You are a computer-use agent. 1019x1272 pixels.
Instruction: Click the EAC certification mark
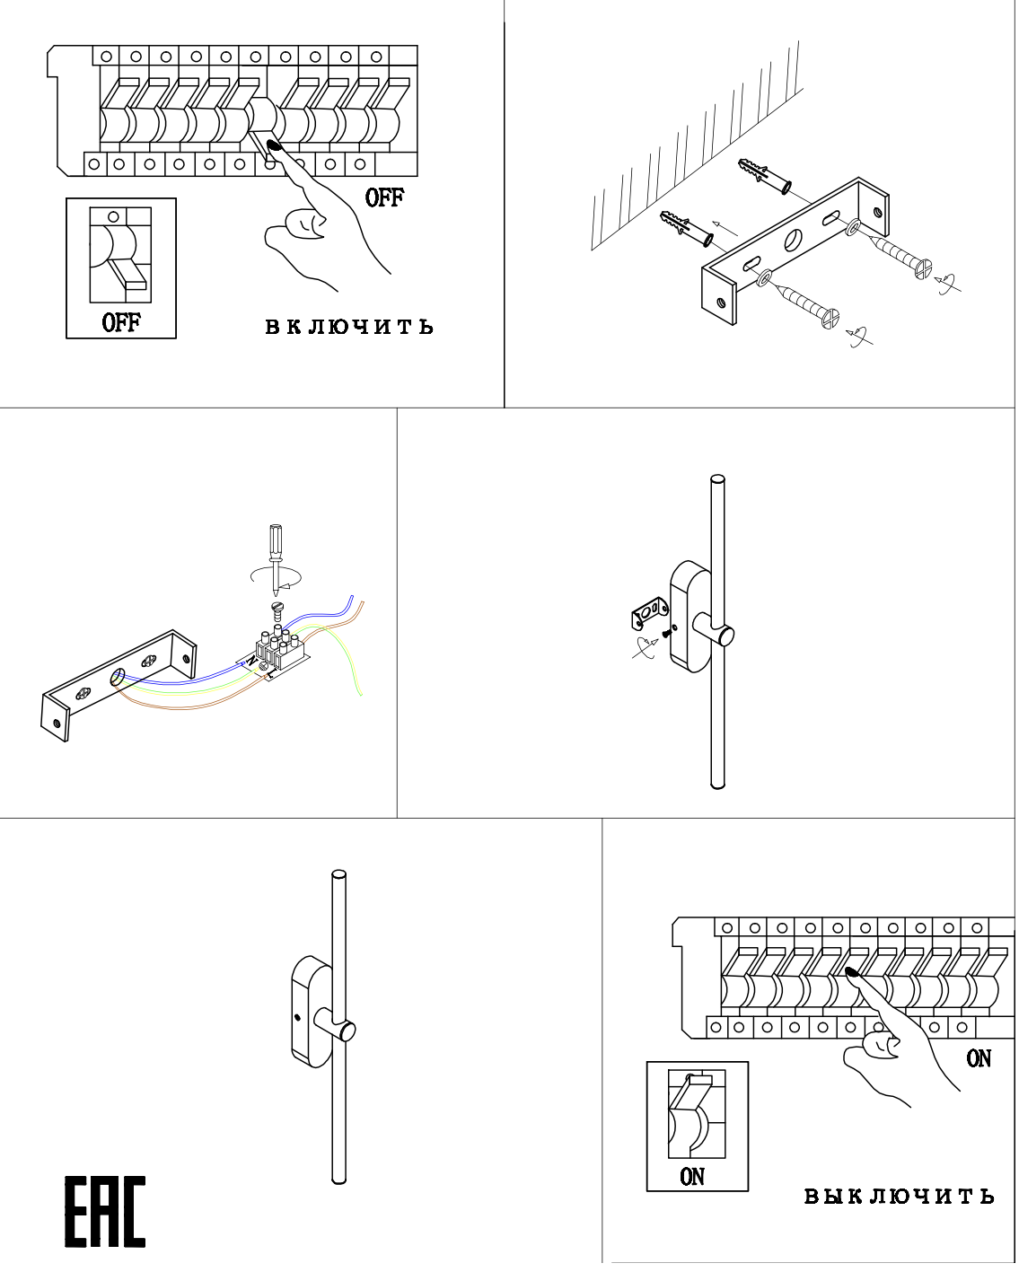104,1212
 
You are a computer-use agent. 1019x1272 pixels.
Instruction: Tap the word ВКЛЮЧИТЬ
349,327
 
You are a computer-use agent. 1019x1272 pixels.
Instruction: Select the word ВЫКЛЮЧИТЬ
899,1197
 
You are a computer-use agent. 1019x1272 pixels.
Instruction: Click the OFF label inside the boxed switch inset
121,322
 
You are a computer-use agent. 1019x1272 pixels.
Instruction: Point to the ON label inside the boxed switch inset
692,1177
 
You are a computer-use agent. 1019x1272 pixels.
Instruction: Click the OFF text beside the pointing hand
384,197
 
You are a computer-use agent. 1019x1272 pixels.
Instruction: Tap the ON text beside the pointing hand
979,1058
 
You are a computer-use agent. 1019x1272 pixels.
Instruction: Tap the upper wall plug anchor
764,176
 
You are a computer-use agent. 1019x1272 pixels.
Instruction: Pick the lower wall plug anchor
687,228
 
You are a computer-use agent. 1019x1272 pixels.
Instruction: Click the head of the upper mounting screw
922,268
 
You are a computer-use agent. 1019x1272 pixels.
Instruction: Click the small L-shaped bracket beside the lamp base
650,616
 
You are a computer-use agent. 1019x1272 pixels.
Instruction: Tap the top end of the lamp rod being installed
717,482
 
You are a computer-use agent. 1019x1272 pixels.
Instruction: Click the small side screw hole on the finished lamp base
296,1019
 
